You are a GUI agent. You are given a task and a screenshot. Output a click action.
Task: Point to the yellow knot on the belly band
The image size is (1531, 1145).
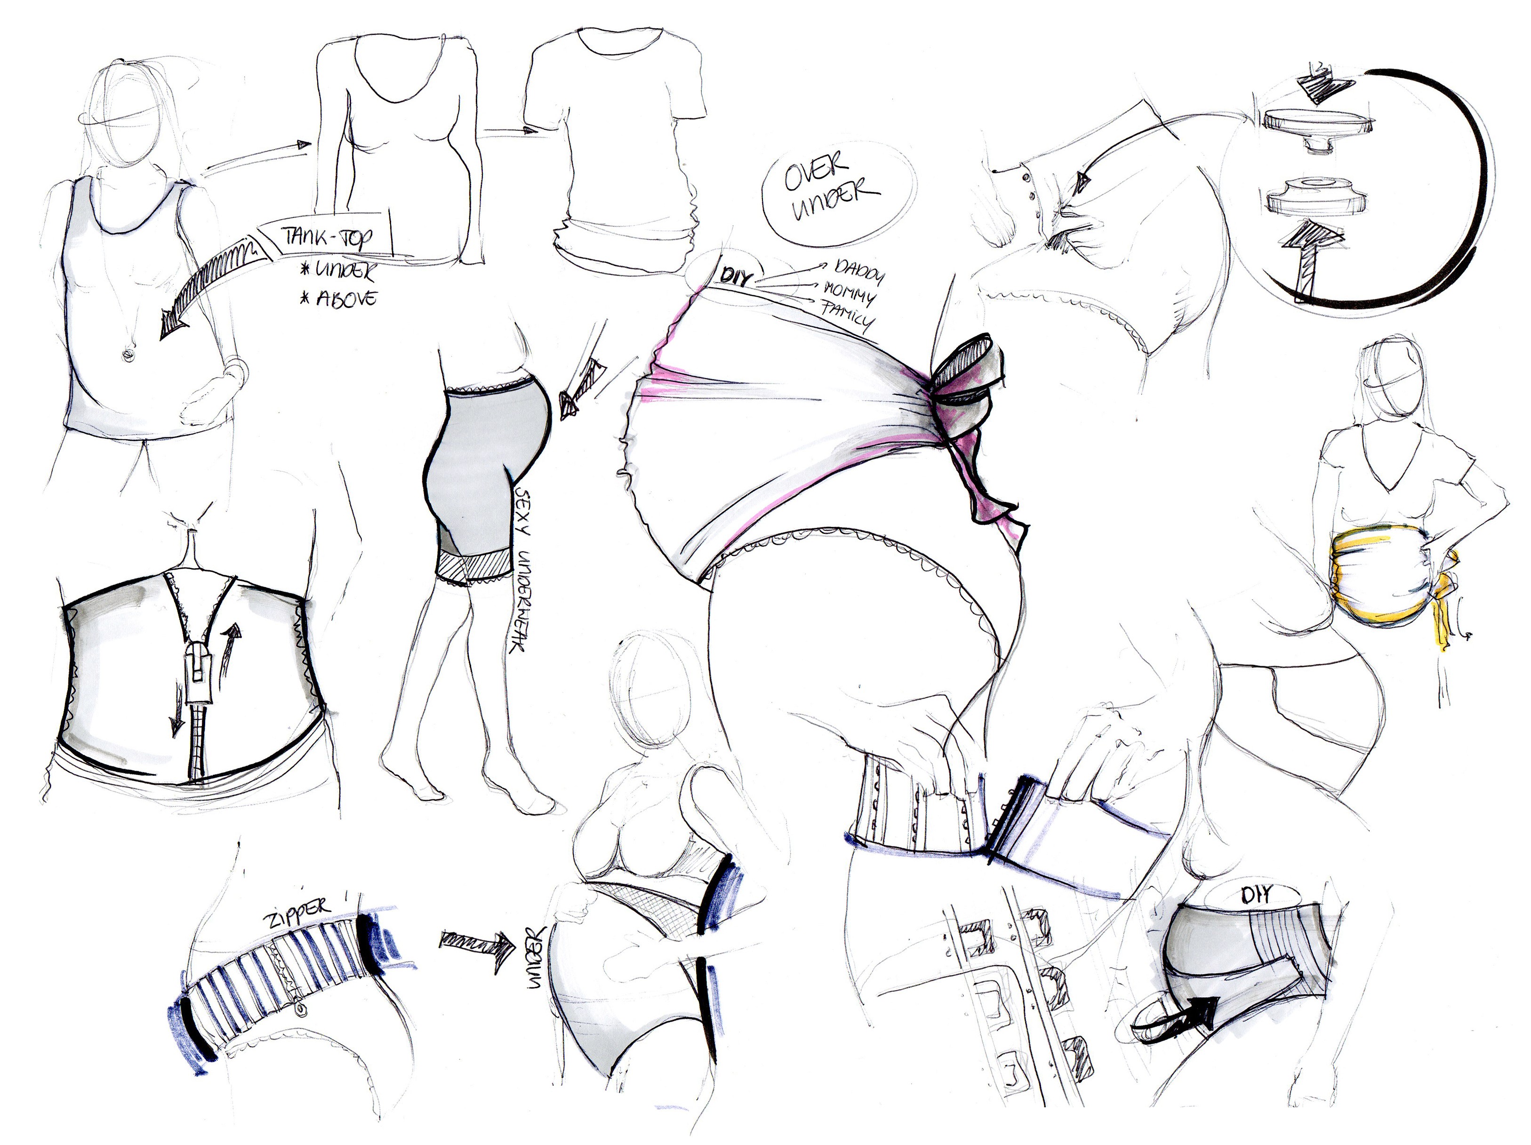pos(1443,602)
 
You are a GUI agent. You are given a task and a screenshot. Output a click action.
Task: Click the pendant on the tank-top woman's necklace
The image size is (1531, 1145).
pos(128,355)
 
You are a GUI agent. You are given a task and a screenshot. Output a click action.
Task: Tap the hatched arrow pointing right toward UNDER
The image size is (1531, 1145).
pos(477,942)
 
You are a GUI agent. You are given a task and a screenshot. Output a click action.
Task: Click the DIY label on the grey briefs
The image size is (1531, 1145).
pos(1255,895)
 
